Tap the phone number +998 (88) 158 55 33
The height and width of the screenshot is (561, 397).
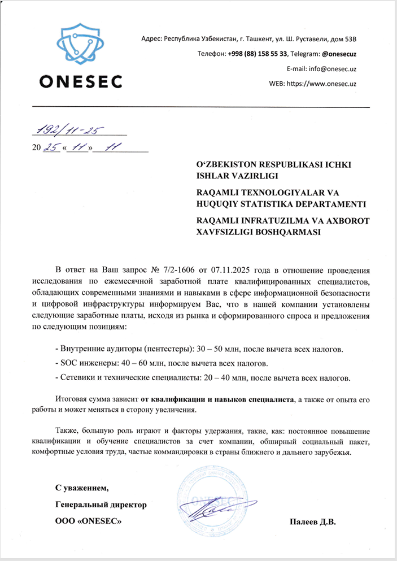[258, 54]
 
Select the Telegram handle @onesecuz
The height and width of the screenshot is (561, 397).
[339, 54]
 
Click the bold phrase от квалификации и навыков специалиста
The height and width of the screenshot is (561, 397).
[217, 399]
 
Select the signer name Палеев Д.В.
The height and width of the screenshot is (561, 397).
[312, 521]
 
